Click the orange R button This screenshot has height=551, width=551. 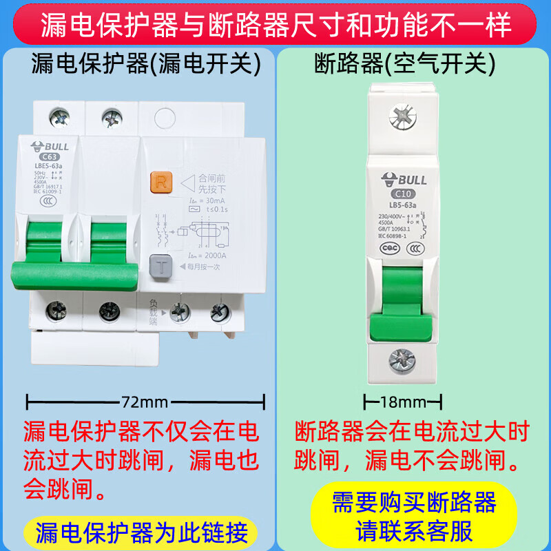tap(160, 183)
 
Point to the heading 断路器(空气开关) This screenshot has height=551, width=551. tap(404, 65)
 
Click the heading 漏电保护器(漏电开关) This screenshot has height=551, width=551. tap(146, 65)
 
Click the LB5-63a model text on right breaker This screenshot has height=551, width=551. tap(401, 205)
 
